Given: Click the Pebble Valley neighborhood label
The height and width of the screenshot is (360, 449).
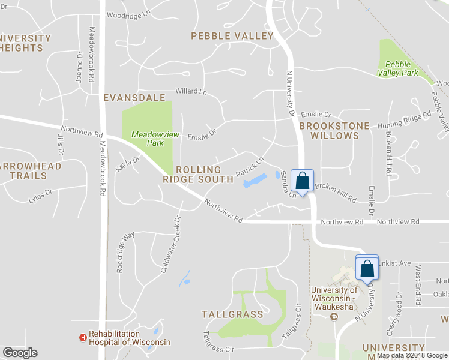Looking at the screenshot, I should [232, 36].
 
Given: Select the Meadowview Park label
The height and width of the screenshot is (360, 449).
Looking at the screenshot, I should [147, 139].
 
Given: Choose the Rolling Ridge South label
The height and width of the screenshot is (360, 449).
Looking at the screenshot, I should [198, 175].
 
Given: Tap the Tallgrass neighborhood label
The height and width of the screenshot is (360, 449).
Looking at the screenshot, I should [232, 314].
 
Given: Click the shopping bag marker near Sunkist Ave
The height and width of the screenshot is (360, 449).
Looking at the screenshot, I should [367, 268].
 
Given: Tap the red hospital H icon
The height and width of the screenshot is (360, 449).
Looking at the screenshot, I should [83, 338].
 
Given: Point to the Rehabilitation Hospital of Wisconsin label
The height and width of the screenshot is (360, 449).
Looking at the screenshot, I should [130, 338].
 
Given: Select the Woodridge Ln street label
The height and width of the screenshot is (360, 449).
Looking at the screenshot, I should [128, 14].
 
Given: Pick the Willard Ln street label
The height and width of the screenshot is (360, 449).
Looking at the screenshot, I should [190, 92].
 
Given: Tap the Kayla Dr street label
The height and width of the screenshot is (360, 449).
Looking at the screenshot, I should [127, 164].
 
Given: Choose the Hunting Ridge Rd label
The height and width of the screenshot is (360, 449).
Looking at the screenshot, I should [404, 118].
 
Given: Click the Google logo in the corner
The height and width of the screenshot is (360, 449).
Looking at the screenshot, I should [20, 353].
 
